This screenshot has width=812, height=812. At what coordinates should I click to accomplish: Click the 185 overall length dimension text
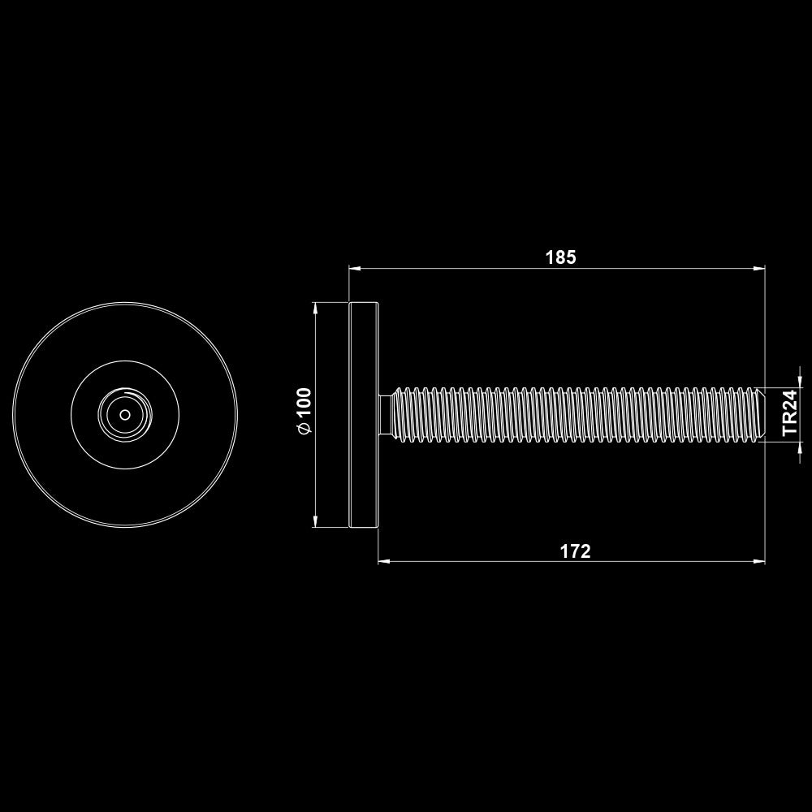(560, 257)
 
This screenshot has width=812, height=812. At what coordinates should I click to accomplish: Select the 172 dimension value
(575, 551)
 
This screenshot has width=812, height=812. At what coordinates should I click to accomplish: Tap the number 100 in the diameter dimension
(304, 403)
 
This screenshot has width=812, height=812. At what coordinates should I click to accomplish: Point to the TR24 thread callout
(790, 413)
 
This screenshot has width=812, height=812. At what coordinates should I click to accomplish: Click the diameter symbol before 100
(304, 430)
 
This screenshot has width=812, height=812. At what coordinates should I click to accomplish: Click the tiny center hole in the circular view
(124, 414)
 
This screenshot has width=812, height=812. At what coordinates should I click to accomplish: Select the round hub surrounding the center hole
(124, 414)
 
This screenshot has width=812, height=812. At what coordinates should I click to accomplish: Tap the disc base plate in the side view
(364, 414)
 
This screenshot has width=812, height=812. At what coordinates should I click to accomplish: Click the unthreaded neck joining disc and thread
(385, 414)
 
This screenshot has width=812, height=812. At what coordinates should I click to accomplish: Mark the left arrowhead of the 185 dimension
(355, 267)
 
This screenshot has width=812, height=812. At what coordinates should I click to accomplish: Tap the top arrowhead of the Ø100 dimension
(315, 308)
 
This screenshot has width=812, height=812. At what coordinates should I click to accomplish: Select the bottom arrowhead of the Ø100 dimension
(315, 521)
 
